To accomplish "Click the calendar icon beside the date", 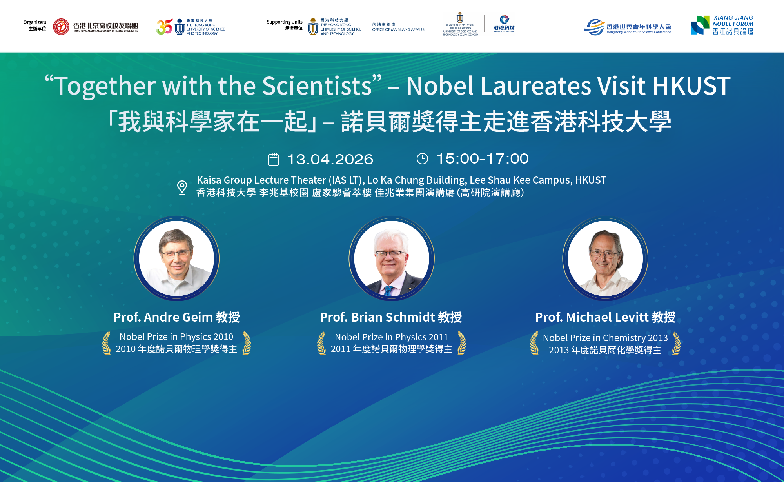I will click(273, 159).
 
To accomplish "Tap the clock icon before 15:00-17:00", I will click(422, 159).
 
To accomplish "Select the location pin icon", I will click(182, 187).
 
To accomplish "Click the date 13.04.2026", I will click(330, 159).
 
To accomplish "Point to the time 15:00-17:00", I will click(482, 159).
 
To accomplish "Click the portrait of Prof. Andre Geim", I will click(176, 258).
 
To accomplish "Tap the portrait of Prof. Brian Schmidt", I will click(391, 258).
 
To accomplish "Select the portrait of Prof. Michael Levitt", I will click(605, 258).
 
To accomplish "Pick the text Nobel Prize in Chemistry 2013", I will click(605, 338).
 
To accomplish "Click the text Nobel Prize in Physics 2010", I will click(176, 336).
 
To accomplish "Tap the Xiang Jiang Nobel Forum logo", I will click(722, 25).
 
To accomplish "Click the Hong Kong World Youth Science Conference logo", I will click(627, 27).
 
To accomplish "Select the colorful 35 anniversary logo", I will click(164, 27).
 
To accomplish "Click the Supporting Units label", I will click(285, 22).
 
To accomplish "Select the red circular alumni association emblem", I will click(61, 27).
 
